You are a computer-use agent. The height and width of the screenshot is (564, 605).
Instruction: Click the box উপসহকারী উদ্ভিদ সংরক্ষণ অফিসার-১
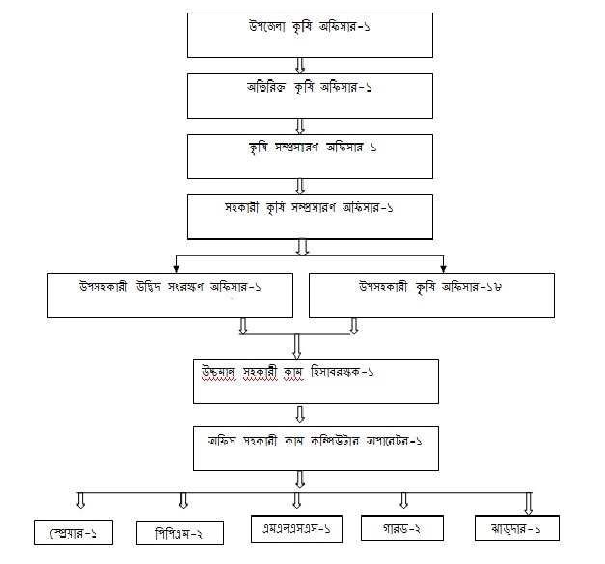[x=171, y=293]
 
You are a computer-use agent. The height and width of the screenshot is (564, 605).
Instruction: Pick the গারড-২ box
[x=402, y=528]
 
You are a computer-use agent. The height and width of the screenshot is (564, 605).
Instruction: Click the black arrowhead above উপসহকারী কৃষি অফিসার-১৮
[x=444, y=266]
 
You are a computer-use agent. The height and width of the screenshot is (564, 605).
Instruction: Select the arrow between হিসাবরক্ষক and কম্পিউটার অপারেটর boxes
[x=302, y=415]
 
